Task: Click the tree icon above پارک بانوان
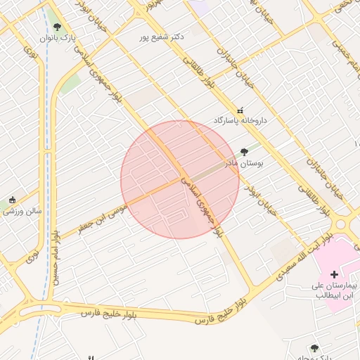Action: pos(58,27)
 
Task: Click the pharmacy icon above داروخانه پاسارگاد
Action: pos(241,110)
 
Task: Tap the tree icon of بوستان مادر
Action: pos(244,151)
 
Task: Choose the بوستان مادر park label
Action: pos(243,163)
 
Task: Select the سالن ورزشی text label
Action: pos(26,210)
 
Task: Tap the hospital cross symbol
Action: pos(334,273)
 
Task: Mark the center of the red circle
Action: pos(180,179)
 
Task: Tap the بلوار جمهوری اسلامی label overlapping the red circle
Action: pos(205,204)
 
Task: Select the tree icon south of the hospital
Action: pos(314,348)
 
